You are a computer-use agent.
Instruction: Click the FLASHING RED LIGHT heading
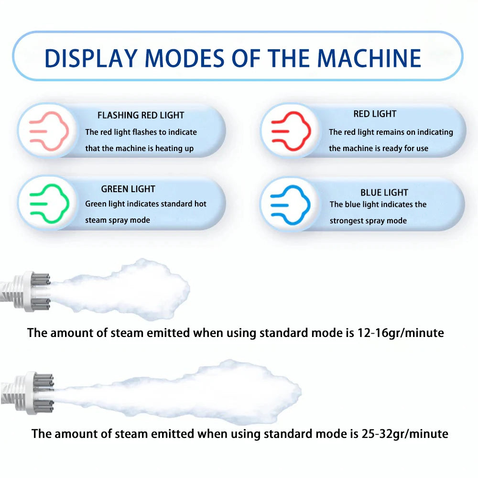click(141, 115)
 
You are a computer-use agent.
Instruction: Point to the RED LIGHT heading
click(375, 114)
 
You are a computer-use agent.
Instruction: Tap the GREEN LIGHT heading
click(128, 189)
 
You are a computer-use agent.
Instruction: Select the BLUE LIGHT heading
click(384, 193)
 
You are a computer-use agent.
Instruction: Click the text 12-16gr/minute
click(400, 333)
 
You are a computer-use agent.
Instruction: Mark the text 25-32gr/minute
click(404, 434)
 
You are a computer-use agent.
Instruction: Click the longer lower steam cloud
click(191, 392)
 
